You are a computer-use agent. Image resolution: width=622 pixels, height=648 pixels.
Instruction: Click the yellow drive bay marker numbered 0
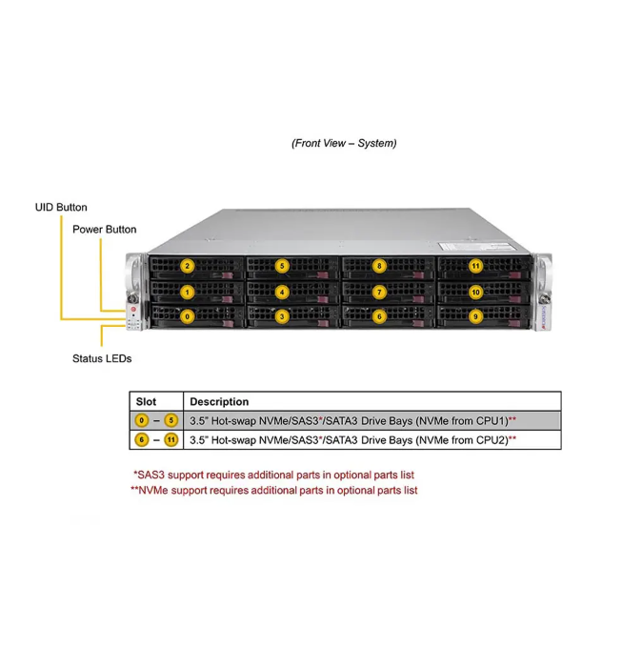pyautogui.click(x=188, y=315)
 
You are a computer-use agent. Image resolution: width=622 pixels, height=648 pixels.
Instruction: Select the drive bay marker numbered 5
pyautogui.click(x=282, y=266)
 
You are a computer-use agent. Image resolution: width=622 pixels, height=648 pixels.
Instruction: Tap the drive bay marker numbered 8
pyautogui.click(x=378, y=266)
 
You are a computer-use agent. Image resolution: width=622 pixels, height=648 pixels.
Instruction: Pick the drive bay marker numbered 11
pyautogui.click(x=475, y=266)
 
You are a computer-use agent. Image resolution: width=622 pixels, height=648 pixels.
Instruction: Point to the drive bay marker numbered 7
pyautogui.click(x=379, y=292)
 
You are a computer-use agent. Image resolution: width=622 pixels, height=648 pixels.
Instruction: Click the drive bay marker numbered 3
pyautogui.click(x=282, y=316)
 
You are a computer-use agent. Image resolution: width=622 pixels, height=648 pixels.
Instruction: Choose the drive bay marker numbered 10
pyautogui.click(x=475, y=292)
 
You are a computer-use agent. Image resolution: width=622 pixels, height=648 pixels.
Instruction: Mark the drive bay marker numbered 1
pyautogui.click(x=188, y=292)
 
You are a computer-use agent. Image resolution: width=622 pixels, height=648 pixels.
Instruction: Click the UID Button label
pyautogui.click(x=61, y=207)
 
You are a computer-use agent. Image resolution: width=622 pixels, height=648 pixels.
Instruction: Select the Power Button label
pyautogui.click(x=104, y=230)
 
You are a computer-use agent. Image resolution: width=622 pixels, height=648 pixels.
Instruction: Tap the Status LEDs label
pyautogui.click(x=102, y=359)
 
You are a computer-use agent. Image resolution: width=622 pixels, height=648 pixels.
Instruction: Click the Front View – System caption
pyautogui.click(x=344, y=144)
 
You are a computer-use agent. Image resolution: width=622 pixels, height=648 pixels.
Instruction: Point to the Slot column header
pyautogui.click(x=147, y=402)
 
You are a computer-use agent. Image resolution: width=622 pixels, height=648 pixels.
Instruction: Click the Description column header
pyautogui.click(x=219, y=402)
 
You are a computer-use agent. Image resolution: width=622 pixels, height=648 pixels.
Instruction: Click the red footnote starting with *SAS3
pyautogui.click(x=273, y=475)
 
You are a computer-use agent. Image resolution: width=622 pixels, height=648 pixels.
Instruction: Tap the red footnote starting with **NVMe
pyautogui.click(x=273, y=491)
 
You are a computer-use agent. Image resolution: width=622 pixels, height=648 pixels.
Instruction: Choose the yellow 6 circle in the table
pyautogui.click(x=142, y=440)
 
